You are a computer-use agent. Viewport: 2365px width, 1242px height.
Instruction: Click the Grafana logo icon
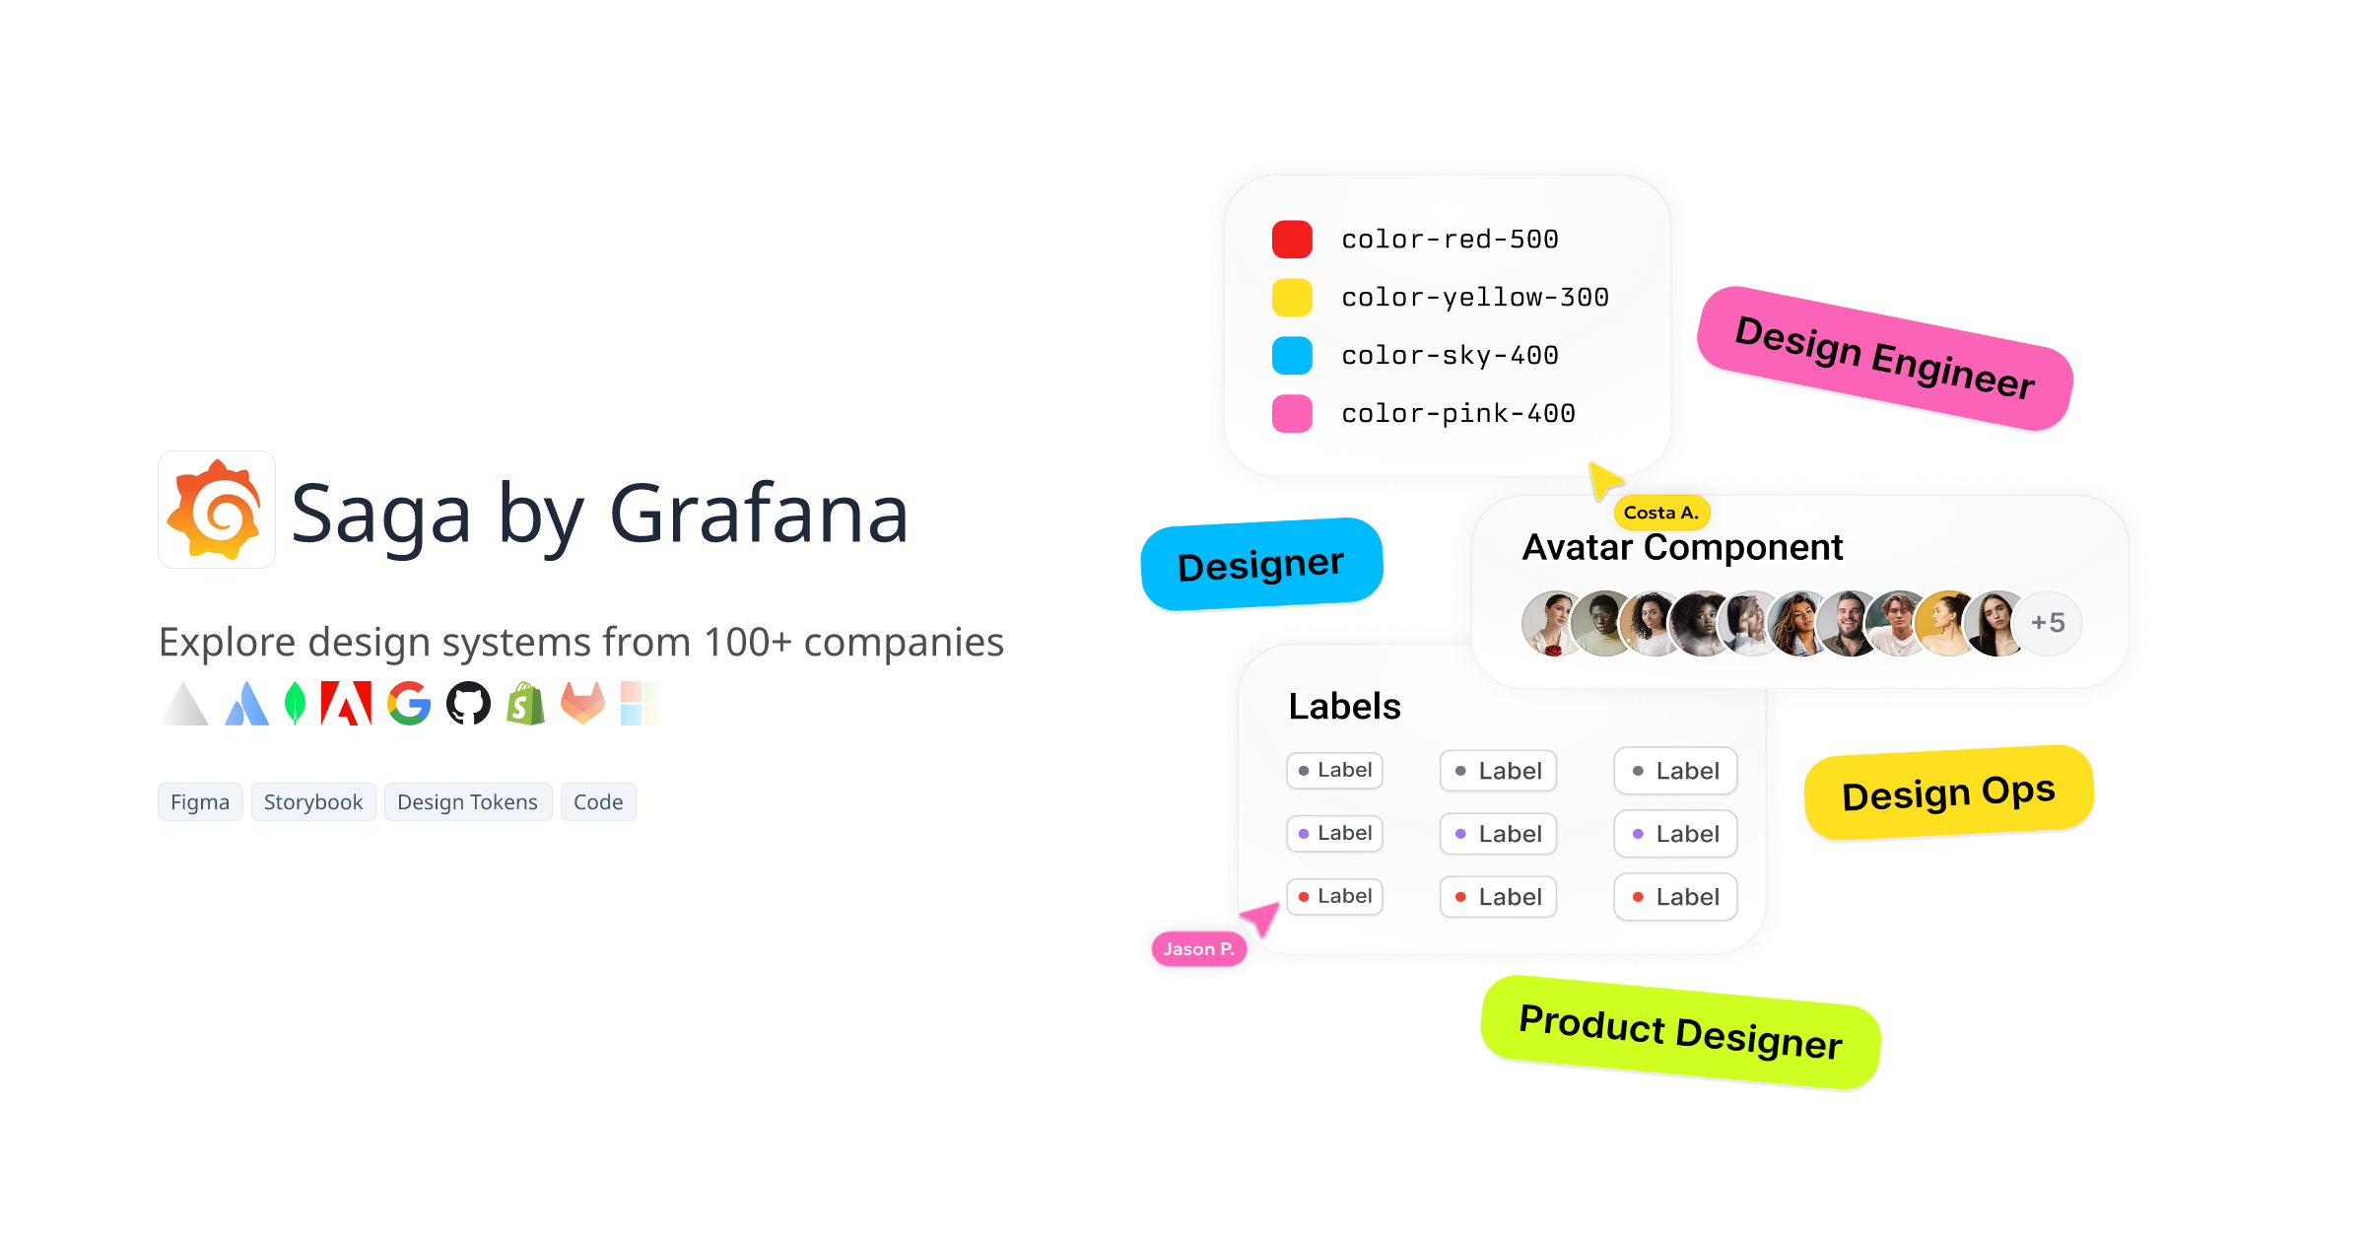[x=217, y=510]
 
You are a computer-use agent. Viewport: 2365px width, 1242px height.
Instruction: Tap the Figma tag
[x=200, y=802]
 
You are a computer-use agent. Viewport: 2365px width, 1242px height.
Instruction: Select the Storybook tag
[x=313, y=802]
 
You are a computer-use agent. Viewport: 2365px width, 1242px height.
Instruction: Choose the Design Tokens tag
[x=467, y=802]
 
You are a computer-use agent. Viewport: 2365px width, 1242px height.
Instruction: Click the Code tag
[x=598, y=802]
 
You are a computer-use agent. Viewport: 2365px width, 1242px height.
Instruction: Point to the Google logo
[x=409, y=704]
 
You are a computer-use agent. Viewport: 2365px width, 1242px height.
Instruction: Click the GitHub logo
[x=468, y=704]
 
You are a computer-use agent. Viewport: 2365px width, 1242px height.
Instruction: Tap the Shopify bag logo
[x=526, y=704]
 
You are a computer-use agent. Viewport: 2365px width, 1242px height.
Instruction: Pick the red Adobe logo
[x=346, y=704]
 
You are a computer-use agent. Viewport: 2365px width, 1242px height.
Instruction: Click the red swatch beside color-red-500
[x=1292, y=240]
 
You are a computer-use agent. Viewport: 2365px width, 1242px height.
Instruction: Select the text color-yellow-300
[x=1474, y=298]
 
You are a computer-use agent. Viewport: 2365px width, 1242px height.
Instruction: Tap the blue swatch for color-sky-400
[x=1292, y=356]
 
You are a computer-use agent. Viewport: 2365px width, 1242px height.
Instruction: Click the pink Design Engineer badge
[x=1884, y=358]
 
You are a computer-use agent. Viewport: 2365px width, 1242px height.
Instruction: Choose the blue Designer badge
[x=1261, y=565]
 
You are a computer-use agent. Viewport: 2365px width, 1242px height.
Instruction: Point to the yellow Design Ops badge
[x=1948, y=793]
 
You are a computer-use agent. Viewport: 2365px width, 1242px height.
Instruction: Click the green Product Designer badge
[x=1680, y=1032]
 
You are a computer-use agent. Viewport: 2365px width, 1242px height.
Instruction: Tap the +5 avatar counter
[x=2048, y=623]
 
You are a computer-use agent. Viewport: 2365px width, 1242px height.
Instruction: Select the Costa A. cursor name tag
[x=1661, y=513]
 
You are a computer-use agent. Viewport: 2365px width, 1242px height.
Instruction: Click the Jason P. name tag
[x=1198, y=949]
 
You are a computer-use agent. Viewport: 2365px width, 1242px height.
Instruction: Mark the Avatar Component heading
[x=1682, y=547]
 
